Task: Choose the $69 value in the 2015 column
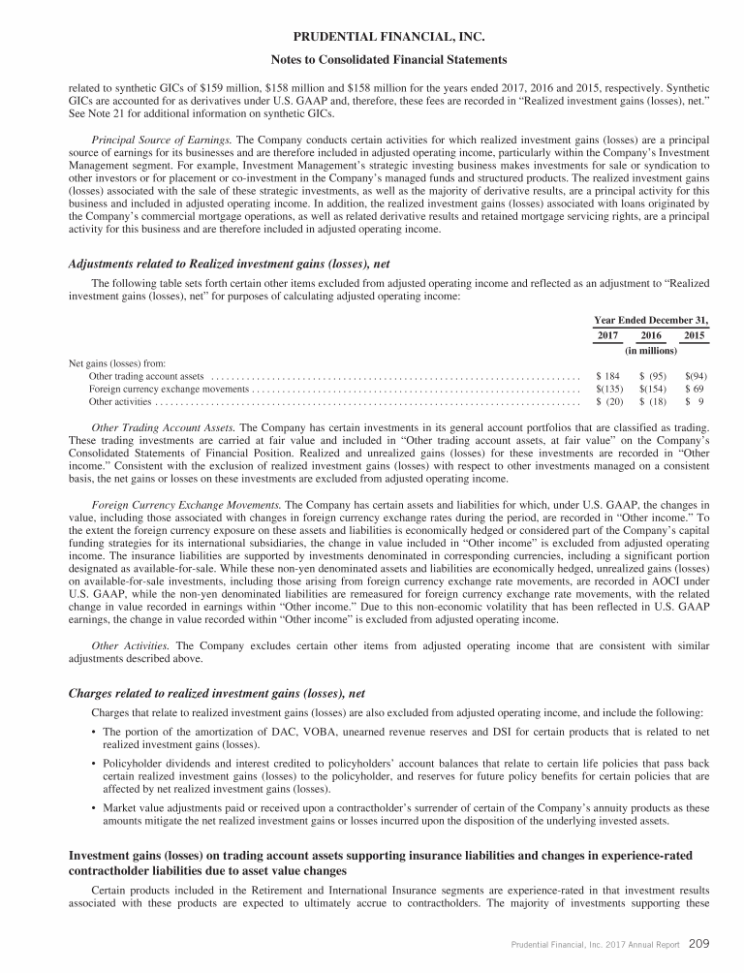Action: (x=696, y=388)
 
